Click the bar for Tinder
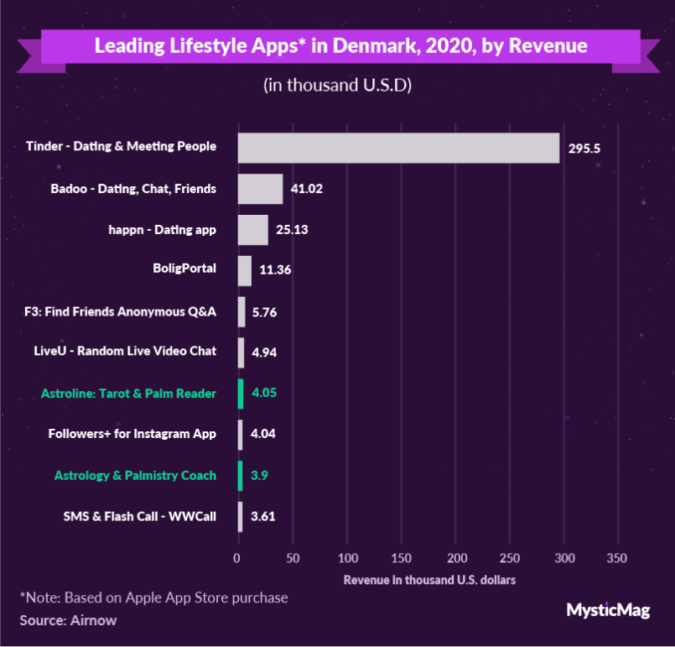click(x=398, y=148)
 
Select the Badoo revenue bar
click(x=261, y=189)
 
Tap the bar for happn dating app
click(x=253, y=230)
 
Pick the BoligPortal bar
click(x=245, y=270)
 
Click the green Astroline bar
click(x=241, y=394)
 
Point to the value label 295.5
click(x=585, y=149)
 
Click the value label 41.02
click(x=307, y=190)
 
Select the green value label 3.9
click(x=260, y=476)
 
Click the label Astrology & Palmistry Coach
click(x=135, y=475)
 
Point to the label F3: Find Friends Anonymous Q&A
click(x=121, y=311)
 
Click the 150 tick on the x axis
click(x=402, y=558)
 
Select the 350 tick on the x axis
click(x=617, y=558)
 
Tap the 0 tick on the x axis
click(x=238, y=558)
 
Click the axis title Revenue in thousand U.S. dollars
click(x=429, y=580)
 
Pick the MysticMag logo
click(x=608, y=610)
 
